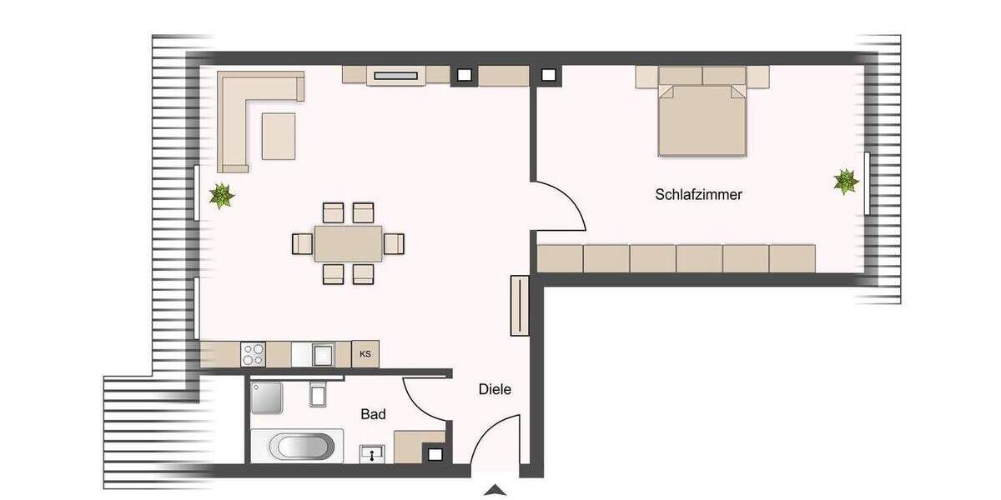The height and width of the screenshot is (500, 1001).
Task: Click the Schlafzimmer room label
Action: coord(698,194)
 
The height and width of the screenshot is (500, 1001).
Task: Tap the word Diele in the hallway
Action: coord(495,389)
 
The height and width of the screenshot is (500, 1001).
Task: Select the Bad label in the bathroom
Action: coord(373,414)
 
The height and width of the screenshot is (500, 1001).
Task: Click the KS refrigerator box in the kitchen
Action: coord(365,354)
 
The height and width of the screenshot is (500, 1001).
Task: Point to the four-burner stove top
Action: coord(253,354)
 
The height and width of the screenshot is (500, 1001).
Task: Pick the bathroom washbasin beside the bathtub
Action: coord(371,454)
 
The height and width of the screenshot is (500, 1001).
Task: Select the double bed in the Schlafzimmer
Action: coord(702,121)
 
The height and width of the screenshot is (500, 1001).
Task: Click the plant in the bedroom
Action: coord(846,181)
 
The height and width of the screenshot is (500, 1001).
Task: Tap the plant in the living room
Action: coord(221,196)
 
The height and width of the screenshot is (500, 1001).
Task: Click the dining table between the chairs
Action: coord(348,243)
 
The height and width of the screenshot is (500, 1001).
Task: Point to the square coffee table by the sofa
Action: coord(279,136)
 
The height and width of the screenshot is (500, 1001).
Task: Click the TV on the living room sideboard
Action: coord(396,76)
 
